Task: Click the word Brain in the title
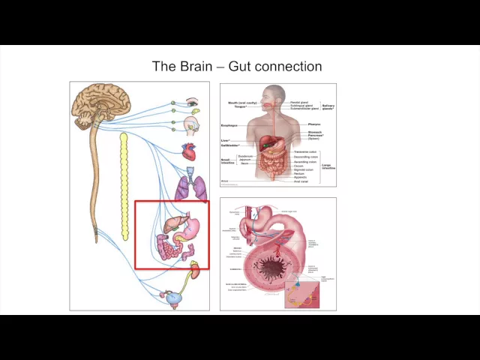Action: tap(195, 67)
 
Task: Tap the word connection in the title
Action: tap(288, 67)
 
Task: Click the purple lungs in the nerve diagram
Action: tap(191, 187)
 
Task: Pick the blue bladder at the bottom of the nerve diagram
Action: tap(175, 298)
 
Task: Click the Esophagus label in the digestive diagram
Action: tap(229, 125)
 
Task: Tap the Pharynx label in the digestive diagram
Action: tap(314, 124)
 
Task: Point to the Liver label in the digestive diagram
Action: tap(225, 140)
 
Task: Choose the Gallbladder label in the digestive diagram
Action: tap(229, 145)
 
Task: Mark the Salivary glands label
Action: tap(328, 107)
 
